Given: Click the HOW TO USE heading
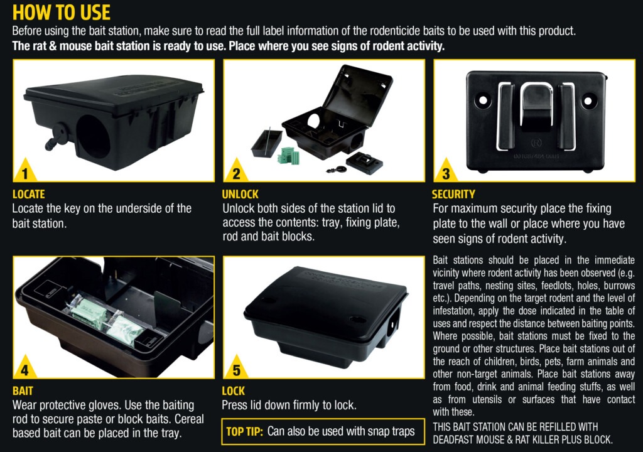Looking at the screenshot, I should tap(62, 13).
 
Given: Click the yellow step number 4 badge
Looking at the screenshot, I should tap(24, 370).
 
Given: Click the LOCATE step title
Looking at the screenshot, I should tap(29, 194).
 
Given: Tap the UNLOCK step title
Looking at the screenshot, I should tap(240, 194).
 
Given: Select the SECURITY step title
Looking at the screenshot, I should tap(453, 194).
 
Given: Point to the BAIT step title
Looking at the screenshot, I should tap(23, 391).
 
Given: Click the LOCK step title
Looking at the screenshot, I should tap(233, 391).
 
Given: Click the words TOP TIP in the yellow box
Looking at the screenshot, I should tap(245, 431).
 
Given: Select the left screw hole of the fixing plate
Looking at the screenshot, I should tap(483, 99).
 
